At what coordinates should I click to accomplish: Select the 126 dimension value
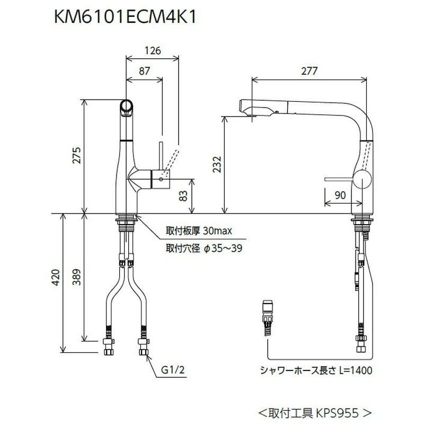[152, 52]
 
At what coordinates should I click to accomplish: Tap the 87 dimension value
[144, 70]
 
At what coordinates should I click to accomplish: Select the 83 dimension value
[183, 196]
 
